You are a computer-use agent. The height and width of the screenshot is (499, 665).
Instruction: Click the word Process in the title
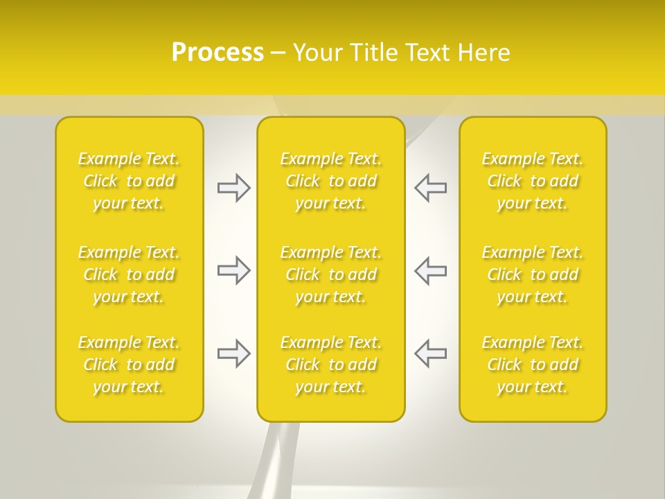coord(218,53)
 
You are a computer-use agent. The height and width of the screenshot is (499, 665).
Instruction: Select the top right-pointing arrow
coord(233,188)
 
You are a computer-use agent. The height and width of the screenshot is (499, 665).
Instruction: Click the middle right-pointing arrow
coord(233,270)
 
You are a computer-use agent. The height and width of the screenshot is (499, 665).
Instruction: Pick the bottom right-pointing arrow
coord(233,353)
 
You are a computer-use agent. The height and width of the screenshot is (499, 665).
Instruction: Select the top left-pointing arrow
coord(430,188)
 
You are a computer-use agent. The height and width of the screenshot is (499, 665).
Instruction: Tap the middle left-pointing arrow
coord(430,270)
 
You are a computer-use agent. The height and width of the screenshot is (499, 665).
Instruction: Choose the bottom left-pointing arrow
coord(430,353)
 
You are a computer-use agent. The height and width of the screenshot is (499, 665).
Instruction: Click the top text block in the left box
coord(129,181)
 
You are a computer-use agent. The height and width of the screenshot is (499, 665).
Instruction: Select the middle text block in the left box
coord(129,274)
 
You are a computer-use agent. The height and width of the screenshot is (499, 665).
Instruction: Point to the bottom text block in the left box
coord(129,365)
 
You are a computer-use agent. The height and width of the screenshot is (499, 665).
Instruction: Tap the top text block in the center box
coord(331,181)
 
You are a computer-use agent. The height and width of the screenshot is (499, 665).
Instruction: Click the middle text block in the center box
coord(331,274)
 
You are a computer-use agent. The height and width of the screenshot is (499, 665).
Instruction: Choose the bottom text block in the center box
coord(331,365)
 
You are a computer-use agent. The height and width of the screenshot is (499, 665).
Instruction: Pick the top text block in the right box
coord(533,181)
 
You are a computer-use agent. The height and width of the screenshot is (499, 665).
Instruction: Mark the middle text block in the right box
coord(533,274)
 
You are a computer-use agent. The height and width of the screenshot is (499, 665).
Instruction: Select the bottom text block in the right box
coord(533,365)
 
